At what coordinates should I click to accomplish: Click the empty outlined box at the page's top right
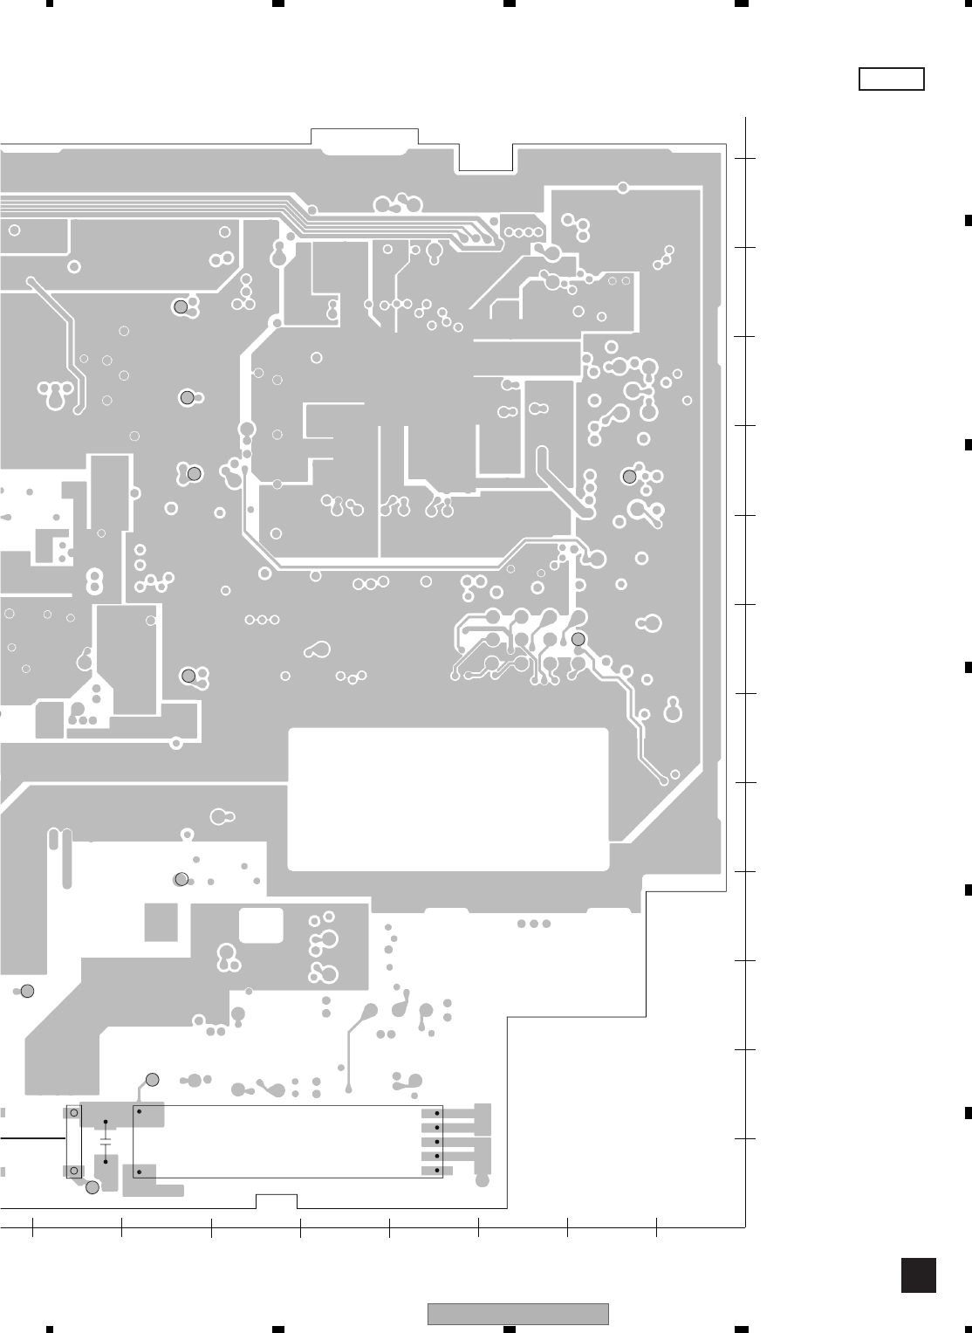tap(891, 79)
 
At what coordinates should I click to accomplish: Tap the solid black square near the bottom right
tap(918, 1275)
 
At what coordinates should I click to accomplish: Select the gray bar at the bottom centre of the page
tap(517, 1314)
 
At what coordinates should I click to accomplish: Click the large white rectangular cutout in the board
tap(448, 799)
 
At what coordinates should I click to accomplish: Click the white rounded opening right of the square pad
tap(261, 925)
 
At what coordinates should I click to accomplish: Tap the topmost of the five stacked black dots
tap(436, 1113)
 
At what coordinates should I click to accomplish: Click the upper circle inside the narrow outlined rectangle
tap(73, 1113)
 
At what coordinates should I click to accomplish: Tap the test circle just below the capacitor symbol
tap(92, 1187)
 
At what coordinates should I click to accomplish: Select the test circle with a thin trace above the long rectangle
tap(152, 1080)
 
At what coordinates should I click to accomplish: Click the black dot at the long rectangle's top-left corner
tap(139, 1113)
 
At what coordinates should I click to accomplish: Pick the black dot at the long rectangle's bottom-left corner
tap(139, 1172)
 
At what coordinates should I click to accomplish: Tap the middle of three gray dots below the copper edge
tap(534, 924)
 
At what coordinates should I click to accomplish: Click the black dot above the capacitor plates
tap(106, 1122)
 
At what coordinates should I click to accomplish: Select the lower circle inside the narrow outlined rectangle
tap(73, 1171)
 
